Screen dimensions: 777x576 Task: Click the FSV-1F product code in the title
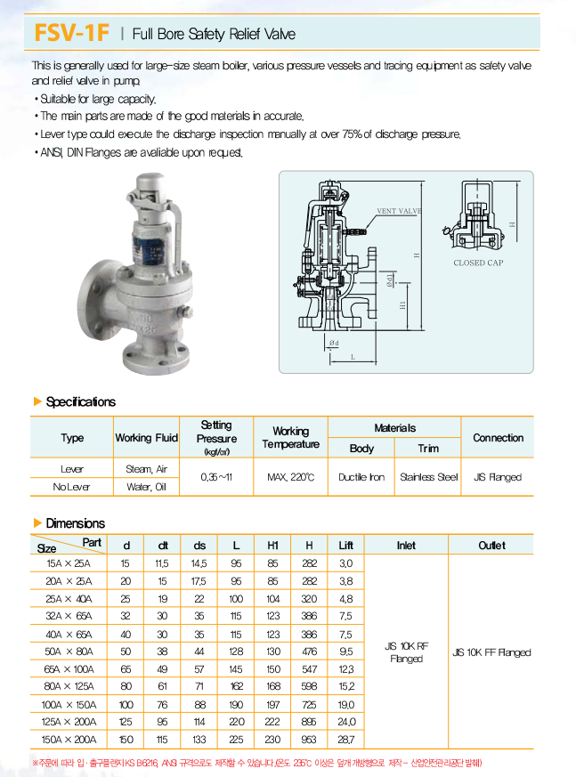tap(70, 34)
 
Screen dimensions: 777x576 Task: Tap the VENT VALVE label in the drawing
tap(398, 211)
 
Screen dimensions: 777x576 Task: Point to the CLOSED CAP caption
tap(478, 263)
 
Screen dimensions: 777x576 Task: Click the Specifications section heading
tap(80, 401)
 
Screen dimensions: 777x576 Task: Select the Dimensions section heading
tap(75, 523)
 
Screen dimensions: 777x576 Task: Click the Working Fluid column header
tap(146, 438)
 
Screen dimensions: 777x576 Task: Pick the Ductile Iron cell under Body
tap(361, 477)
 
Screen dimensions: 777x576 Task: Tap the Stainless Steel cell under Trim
tap(428, 477)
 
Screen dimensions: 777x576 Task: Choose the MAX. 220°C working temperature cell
tap(290, 477)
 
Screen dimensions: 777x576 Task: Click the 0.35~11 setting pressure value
tap(216, 477)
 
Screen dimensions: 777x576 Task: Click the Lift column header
tap(345, 545)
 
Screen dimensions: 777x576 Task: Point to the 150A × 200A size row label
tap(68, 739)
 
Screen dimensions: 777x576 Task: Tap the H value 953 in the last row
tap(309, 739)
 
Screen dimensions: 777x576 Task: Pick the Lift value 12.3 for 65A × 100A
tap(345, 668)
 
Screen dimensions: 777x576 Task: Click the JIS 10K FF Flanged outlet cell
tap(491, 652)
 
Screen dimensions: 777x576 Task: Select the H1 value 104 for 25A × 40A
tap(272, 598)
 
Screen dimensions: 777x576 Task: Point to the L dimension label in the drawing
tap(352, 357)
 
